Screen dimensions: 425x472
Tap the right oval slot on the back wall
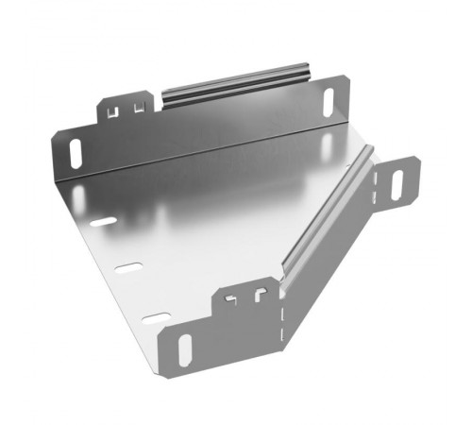[328, 101]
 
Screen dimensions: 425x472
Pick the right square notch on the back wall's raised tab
[139, 107]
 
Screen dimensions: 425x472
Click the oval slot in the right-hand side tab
[397, 181]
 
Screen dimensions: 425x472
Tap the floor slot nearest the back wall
[104, 222]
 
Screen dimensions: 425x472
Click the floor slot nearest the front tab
[156, 317]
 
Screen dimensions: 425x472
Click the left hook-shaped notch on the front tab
[230, 303]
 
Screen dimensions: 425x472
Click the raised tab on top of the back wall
[126, 106]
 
